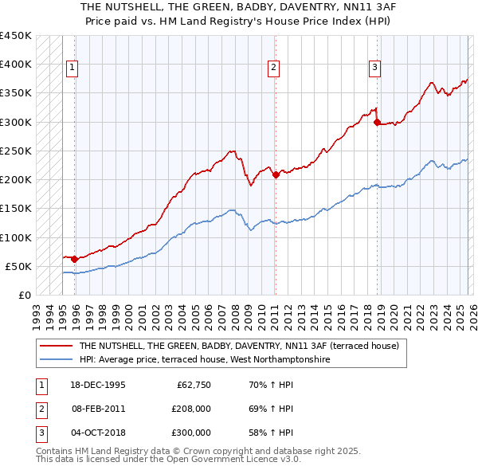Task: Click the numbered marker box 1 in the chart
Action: (72, 69)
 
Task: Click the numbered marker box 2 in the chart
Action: (273, 69)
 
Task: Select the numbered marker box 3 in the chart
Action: (374, 69)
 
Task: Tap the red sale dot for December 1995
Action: (74, 258)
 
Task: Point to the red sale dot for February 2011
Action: (276, 174)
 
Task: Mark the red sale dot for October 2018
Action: (377, 122)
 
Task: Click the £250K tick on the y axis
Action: (16, 151)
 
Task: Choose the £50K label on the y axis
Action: (18, 266)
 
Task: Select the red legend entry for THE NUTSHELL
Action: (233, 347)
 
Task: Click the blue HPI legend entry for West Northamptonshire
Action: (204, 360)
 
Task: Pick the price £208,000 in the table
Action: (191, 409)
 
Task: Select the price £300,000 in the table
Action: (191, 433)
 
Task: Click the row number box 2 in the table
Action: (40, 409)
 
